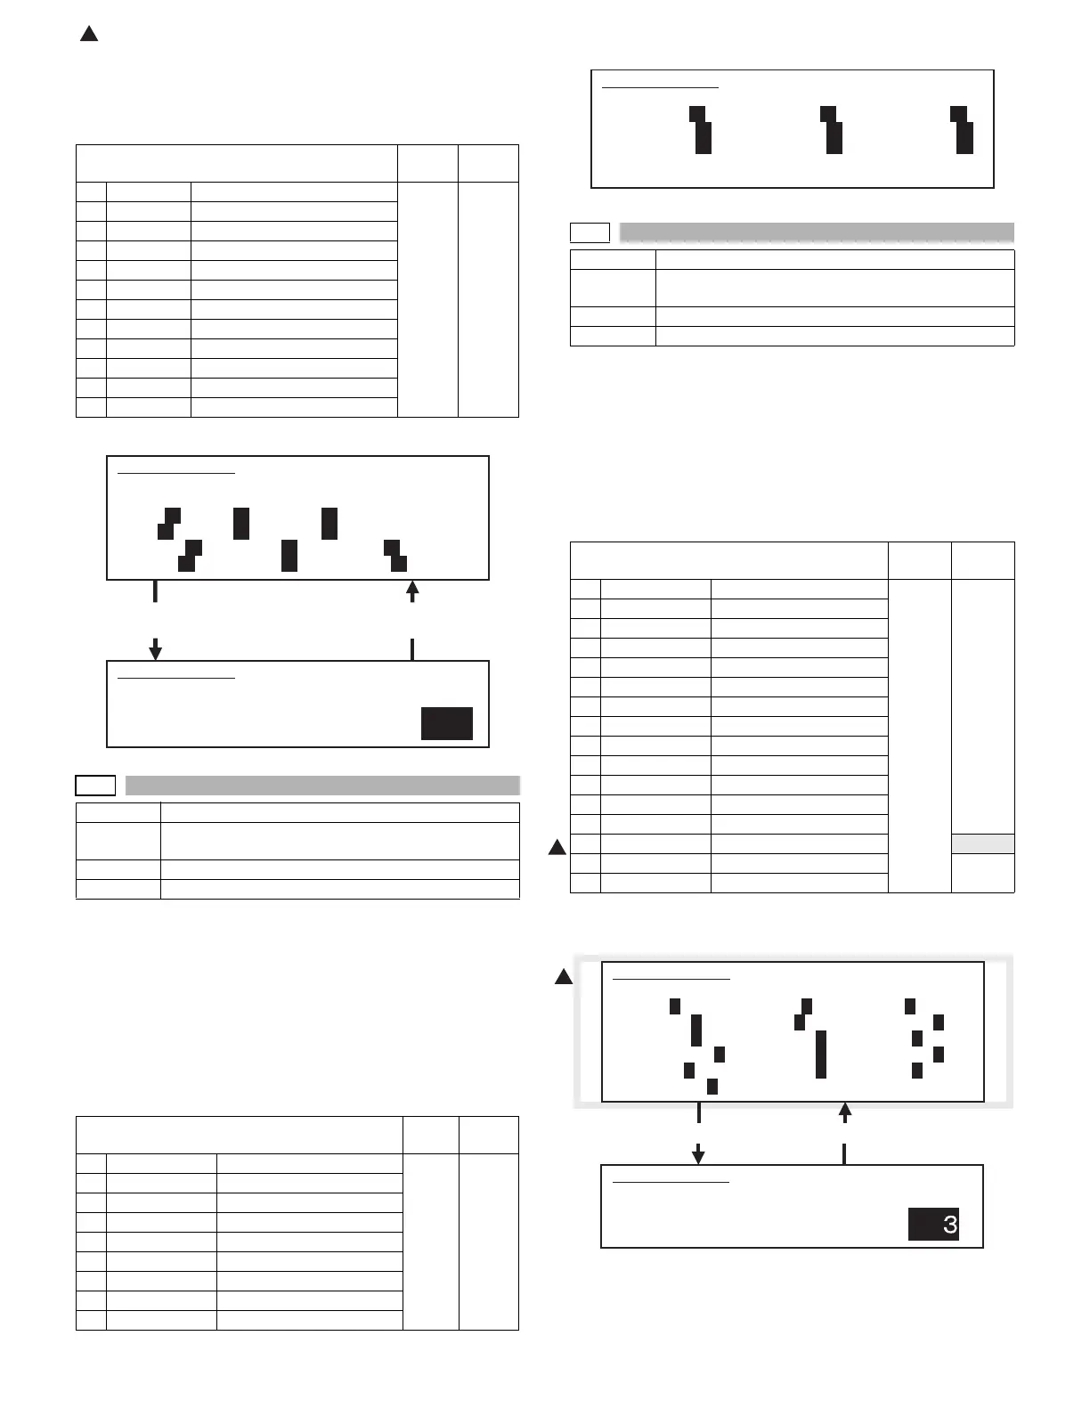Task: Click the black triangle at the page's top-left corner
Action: click(88, 35)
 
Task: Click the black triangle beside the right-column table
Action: click(557, 847)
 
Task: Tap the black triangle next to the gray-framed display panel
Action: click(563, 977)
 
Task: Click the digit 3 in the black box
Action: click(949, 1225)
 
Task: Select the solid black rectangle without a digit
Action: click(446, 723)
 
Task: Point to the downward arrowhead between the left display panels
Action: click(155, 652)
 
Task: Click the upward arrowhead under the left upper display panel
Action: click(412, 587)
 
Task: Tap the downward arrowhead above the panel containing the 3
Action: click(699, 1155)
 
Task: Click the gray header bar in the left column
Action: click(322, 785)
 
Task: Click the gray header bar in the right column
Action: click(817, 232)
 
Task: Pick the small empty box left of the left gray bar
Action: click(95, 785)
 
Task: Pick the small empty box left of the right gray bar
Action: click(590, 232)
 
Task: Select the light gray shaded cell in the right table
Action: click(982, 843)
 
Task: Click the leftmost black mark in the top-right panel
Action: click(701, 130)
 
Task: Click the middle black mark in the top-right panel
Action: click(832, 130)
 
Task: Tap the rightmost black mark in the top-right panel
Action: click(962, 130)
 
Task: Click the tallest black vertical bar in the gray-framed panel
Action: click(821, 1054)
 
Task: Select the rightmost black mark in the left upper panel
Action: click(396, 555)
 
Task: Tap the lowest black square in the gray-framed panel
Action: click(712, 1086)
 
